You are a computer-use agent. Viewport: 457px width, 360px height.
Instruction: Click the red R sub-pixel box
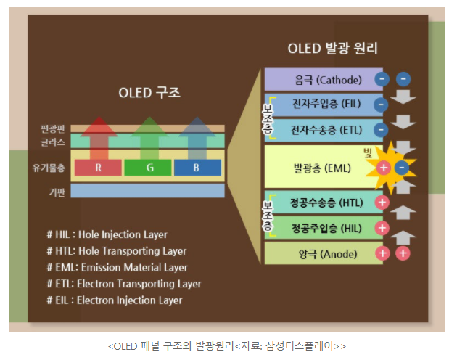click(97, 168)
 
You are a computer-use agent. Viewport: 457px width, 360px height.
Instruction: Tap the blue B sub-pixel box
click(197, 168)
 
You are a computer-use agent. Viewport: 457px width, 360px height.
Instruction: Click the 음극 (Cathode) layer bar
click(318, 79)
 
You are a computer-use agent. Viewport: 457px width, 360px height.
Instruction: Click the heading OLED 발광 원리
click(332, 49)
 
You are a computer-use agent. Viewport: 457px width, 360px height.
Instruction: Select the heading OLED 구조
click(149, 94)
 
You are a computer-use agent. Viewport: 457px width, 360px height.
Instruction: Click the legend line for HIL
click(107, 234)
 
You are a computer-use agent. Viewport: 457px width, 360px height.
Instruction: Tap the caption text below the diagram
click(227, 345)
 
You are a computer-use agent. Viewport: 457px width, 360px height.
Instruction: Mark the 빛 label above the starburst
click(367, 150)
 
